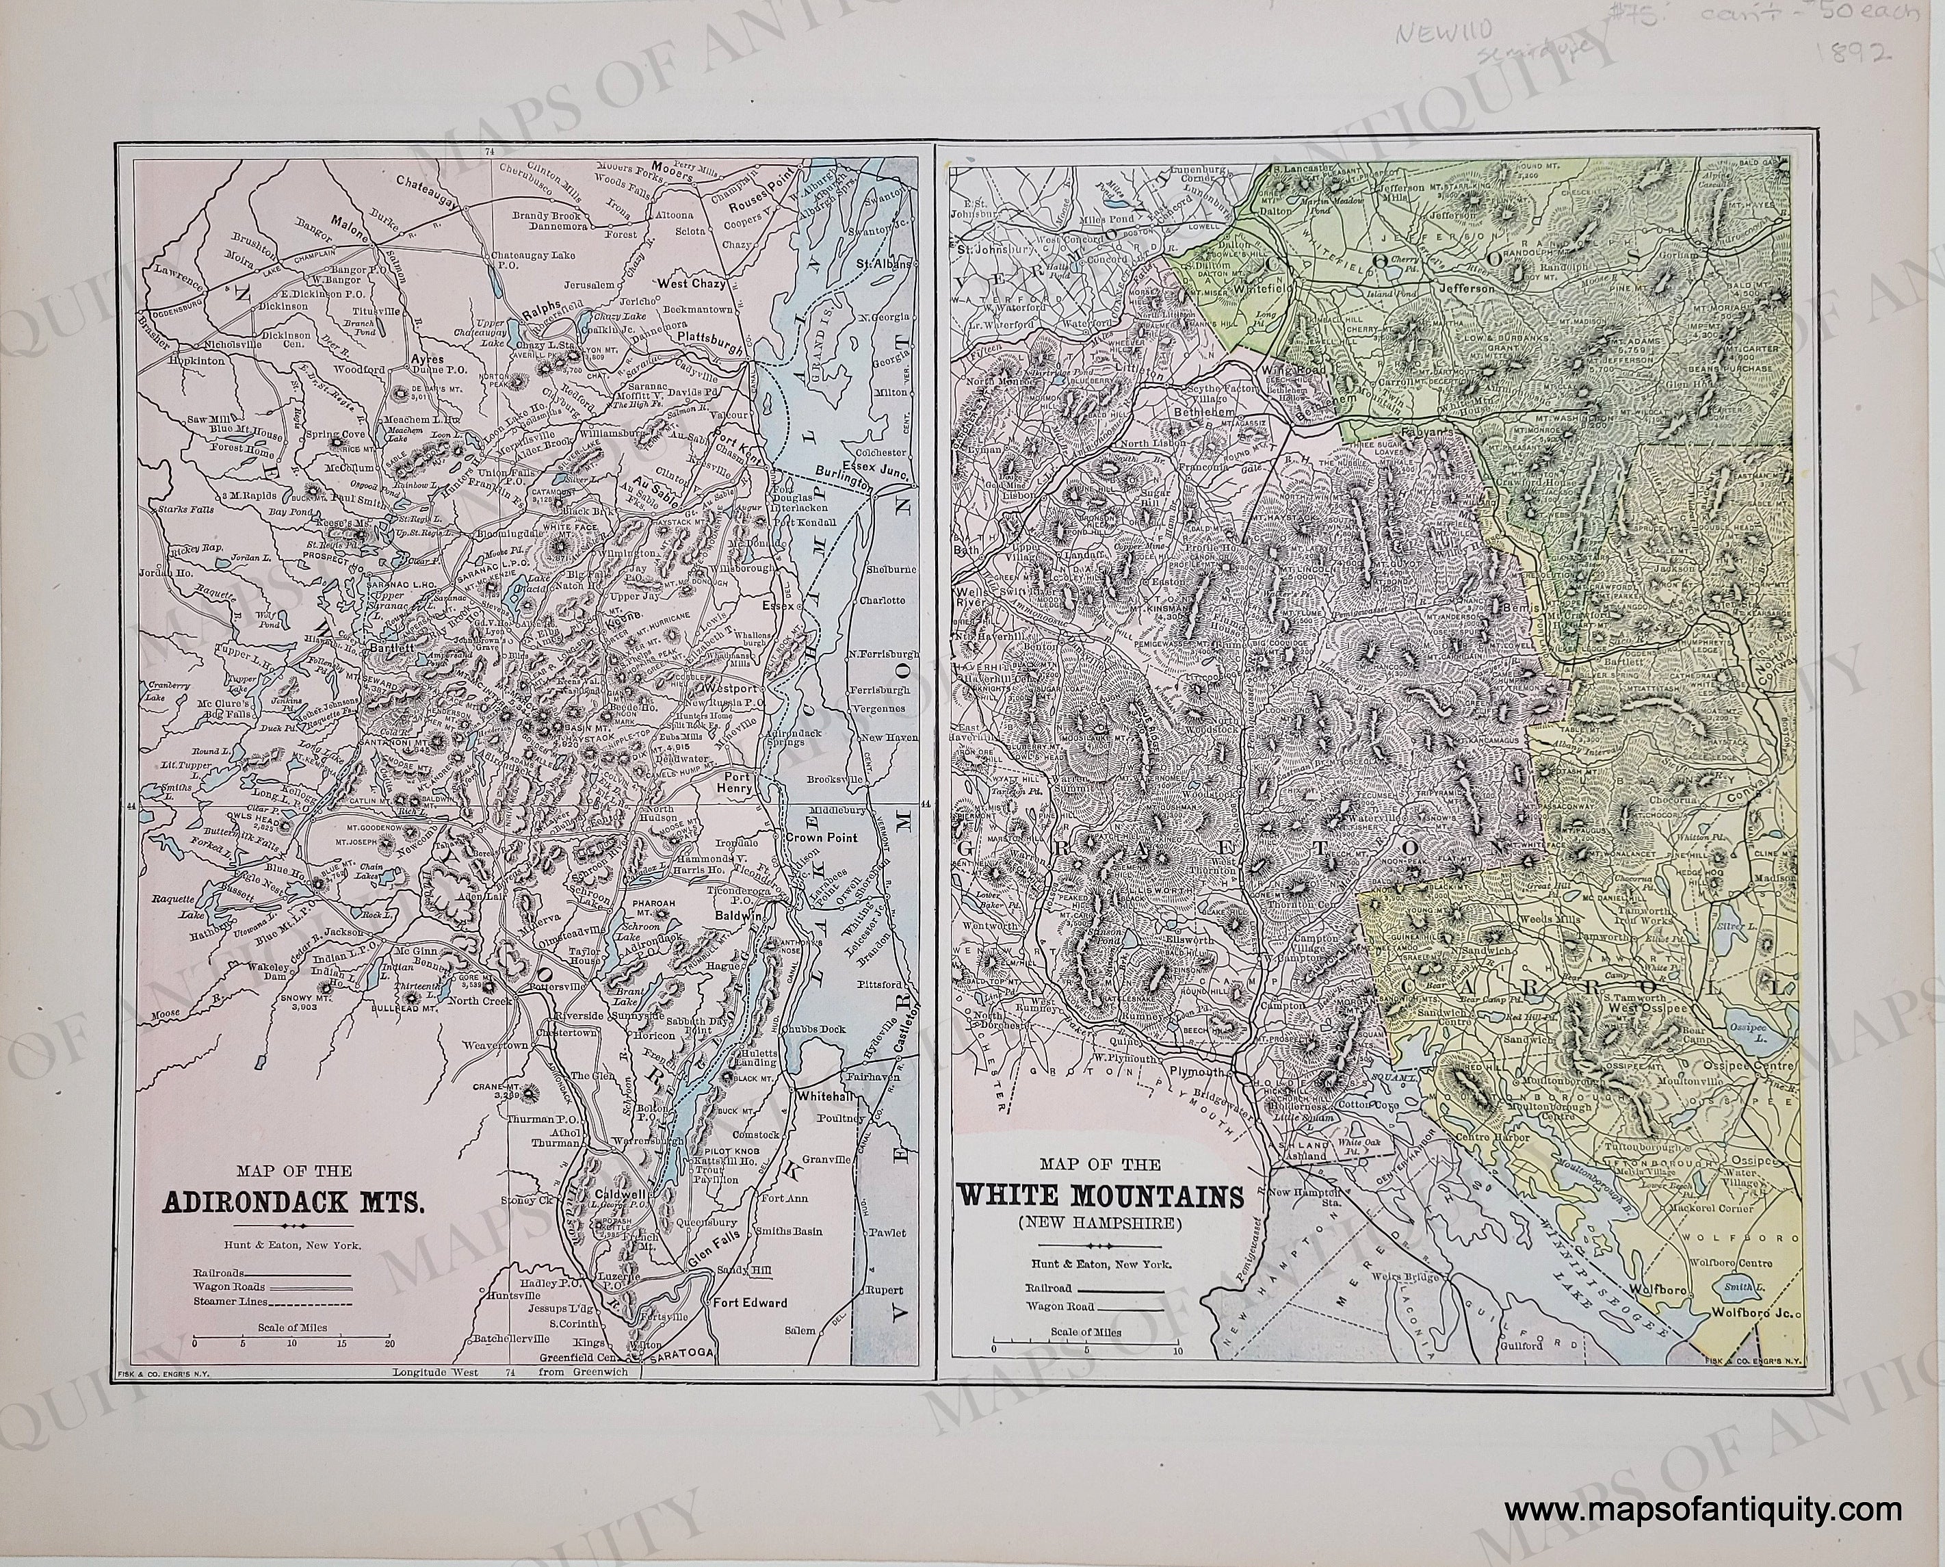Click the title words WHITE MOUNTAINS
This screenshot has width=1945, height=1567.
(1100, 1196)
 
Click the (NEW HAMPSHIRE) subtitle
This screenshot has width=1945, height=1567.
(1100, 1225)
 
